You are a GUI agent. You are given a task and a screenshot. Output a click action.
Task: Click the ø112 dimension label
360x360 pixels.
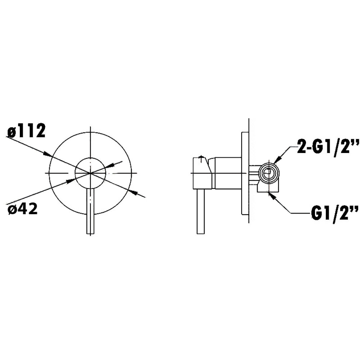(26, 131)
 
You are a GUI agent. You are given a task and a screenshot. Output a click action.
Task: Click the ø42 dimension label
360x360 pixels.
(22, 210)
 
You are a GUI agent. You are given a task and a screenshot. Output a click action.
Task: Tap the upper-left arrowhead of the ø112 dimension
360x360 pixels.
(47, 154)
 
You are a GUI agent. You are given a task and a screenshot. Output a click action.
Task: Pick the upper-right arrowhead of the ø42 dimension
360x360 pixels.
(110, 166)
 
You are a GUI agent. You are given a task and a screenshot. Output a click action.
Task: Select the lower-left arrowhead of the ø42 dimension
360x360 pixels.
(71, 181)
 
